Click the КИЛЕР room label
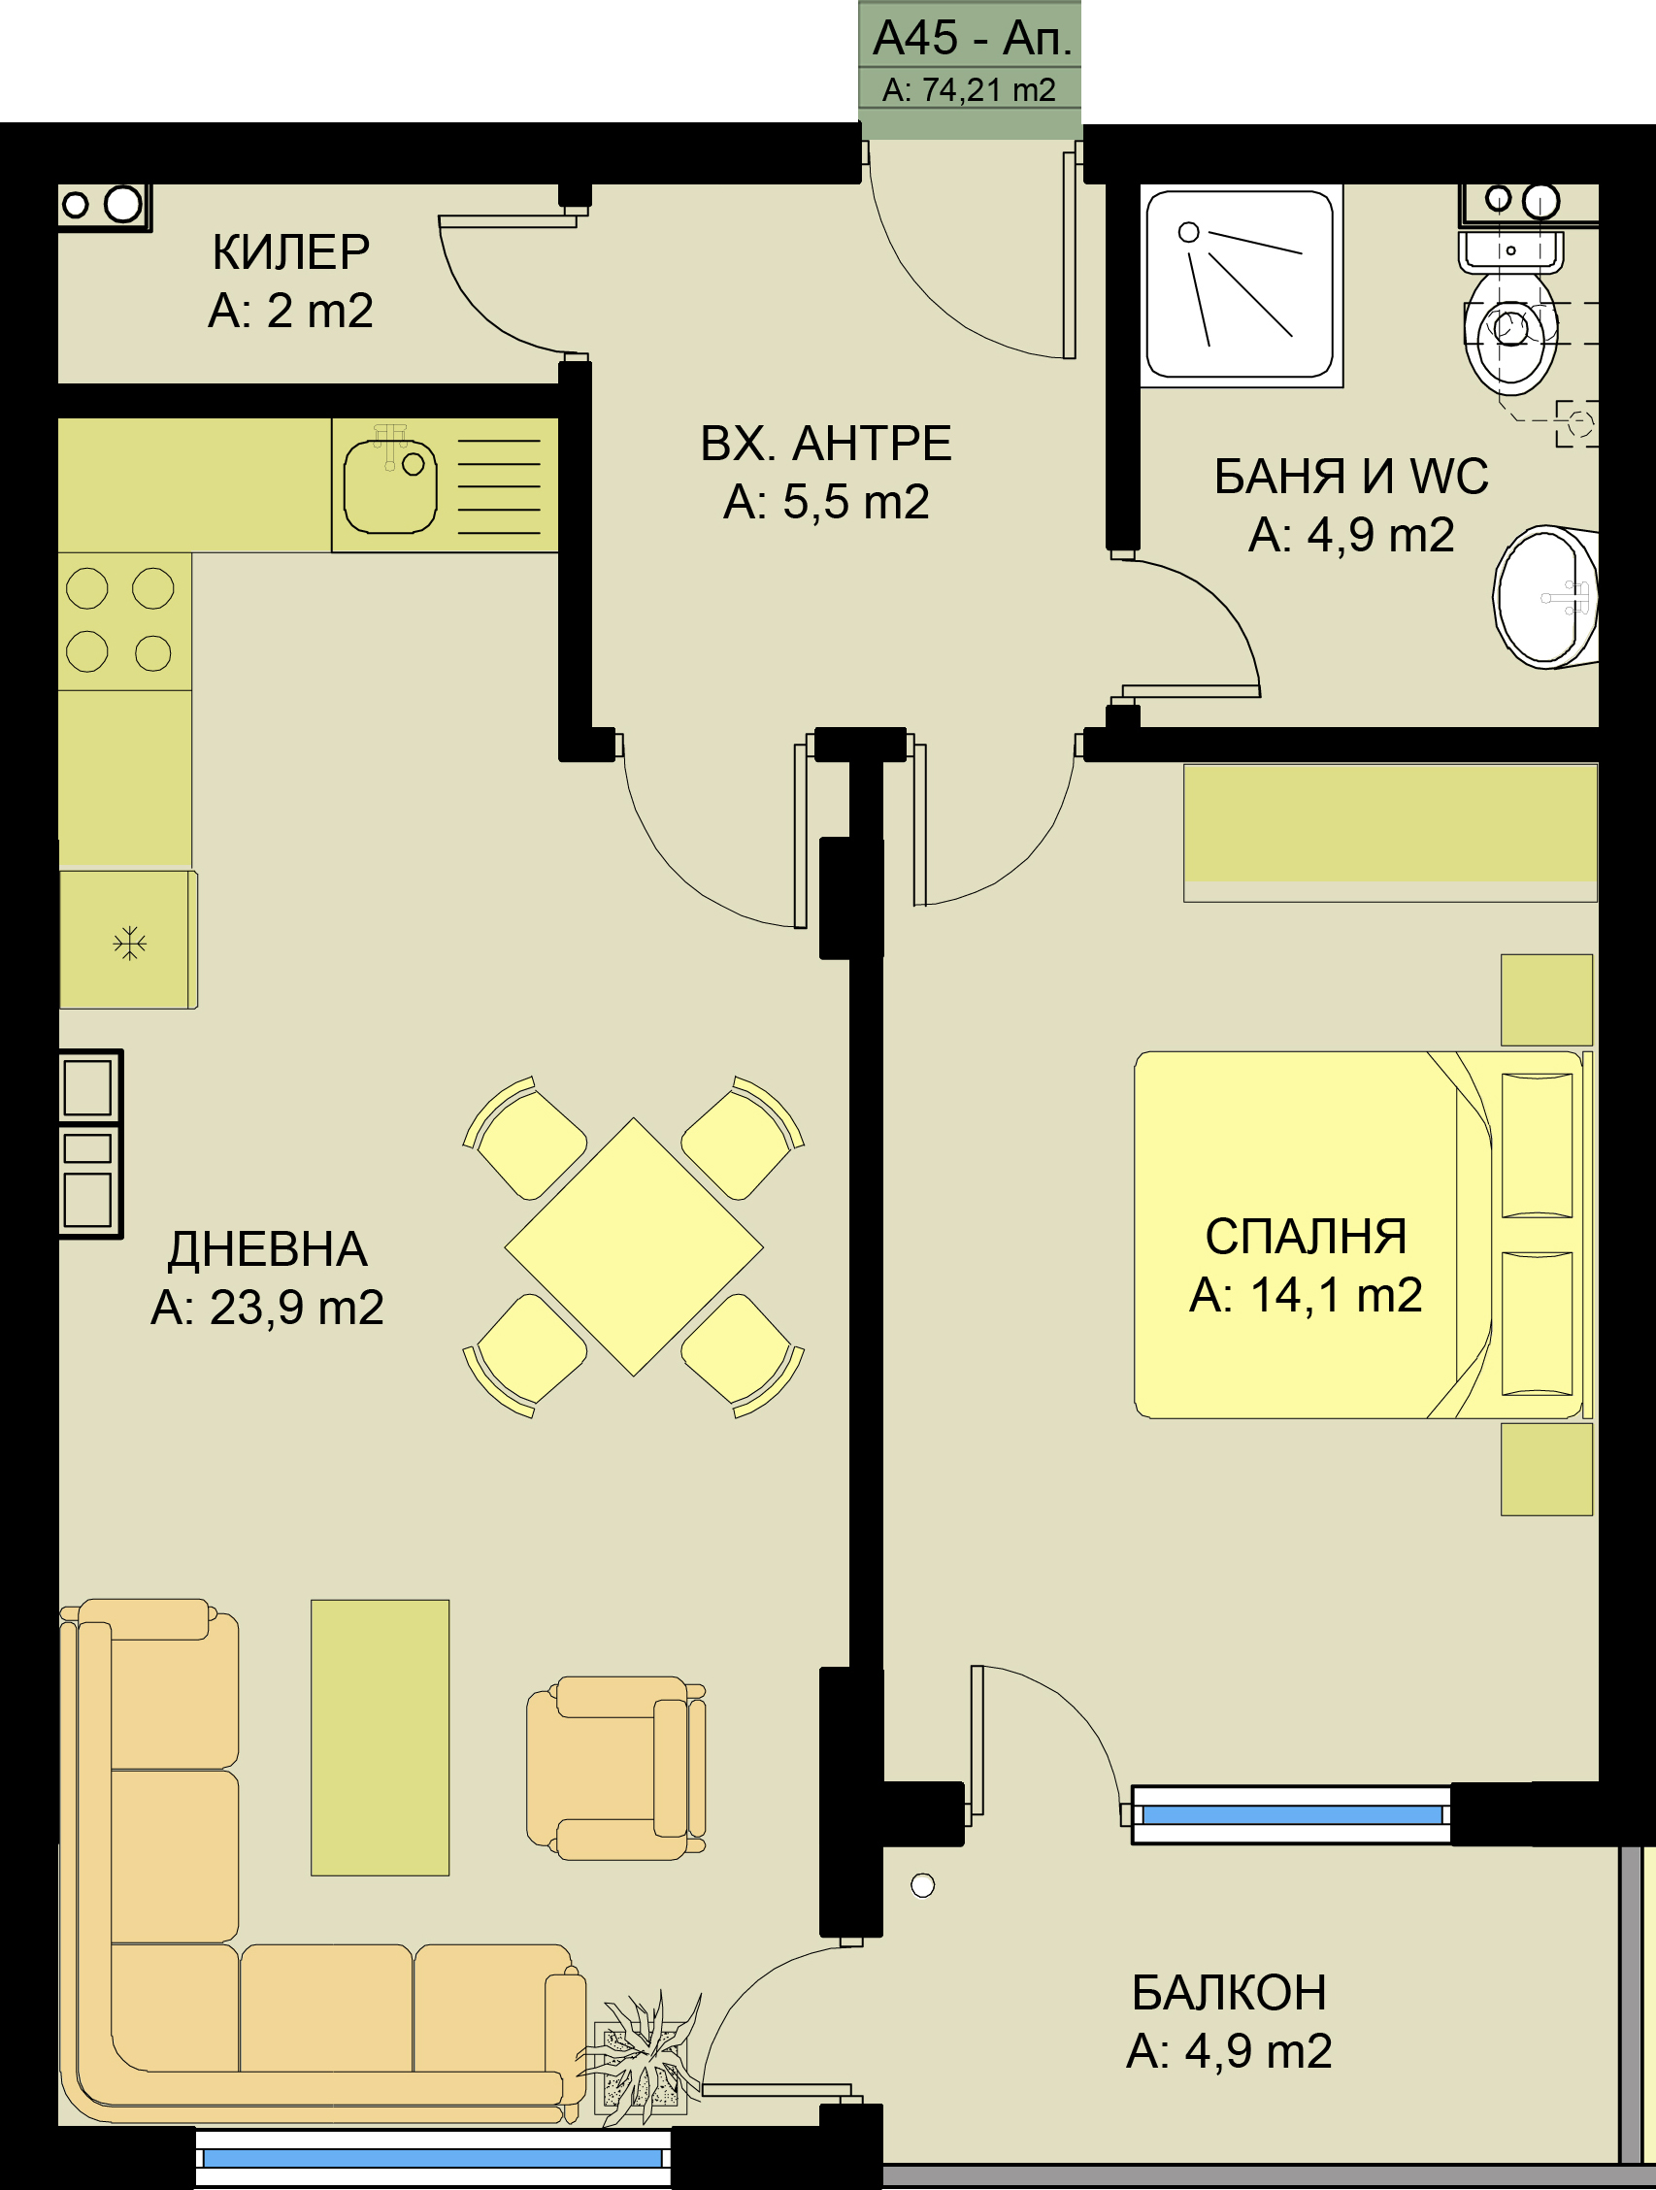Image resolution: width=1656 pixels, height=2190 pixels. pyautogui.click(x=291, y=252)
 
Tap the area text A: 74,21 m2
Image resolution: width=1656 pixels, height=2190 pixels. pyautogui.click(x=969, y=90)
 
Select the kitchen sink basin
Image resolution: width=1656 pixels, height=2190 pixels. pyautogui.click(x=390, y=486)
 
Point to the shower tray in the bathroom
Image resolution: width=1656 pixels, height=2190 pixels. pyautogui.click(x=1242, y=285)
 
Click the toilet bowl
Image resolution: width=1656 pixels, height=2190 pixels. pyautogui.click(x=1510, y=333)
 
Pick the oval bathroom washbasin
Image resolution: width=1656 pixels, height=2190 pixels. pyautogui.click(x=1545, y=597)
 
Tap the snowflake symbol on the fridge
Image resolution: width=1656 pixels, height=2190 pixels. pyautogui.click(x=130, y=943)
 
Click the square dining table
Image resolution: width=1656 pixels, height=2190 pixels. pyautogui.click(x=634, y=1246)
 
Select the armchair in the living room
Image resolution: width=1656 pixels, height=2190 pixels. pyautogui.click(x=615, y=1769)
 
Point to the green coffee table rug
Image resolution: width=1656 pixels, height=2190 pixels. pyautogui.click(x=381, y=1738)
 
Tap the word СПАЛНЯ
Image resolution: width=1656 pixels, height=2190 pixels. pyautogui.click(x=1306, y=1236)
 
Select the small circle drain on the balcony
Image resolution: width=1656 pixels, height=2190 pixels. pyautogui.click(x=922, y=1886)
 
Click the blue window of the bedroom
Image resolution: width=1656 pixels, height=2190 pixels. pyautogui.click(x=1292, y=1814)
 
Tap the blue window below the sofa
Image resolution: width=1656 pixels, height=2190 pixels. pyautogui.click(x=434, y=2158)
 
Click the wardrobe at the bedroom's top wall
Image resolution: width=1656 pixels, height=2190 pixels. pyautogui.click(x=1390, y=833)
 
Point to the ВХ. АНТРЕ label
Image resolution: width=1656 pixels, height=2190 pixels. pyautogui.click(x=825, y=444)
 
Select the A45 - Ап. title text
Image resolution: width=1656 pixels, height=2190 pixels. pyautogui.click(x=972, y=39)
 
